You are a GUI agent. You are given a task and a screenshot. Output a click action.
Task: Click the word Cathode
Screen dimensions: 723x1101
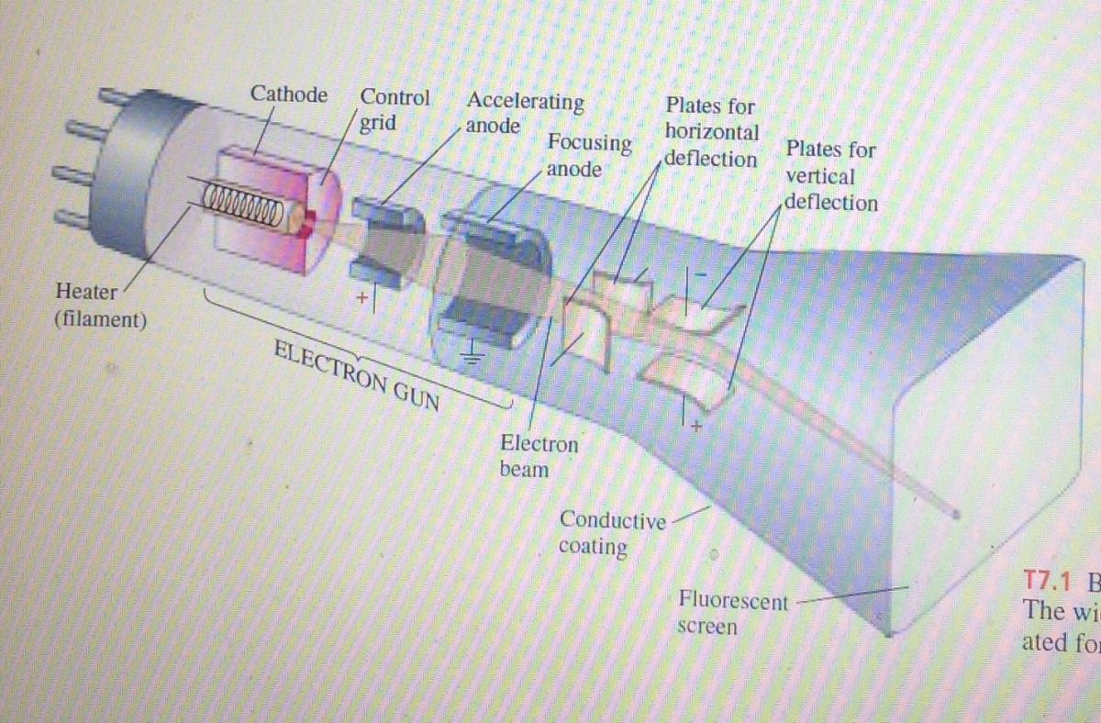(x=289, y=95)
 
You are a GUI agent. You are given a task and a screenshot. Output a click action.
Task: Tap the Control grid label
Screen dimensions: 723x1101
(x=393, y=109)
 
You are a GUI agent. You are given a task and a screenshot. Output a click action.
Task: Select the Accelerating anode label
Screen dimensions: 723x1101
(x=524, y=113)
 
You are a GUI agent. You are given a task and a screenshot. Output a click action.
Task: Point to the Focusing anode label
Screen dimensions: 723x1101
(x=588, y=156)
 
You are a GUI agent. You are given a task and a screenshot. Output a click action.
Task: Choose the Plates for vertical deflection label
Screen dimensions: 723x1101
(x=831, y=175)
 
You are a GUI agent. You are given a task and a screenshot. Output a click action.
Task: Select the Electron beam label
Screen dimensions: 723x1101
(x=539, y=456)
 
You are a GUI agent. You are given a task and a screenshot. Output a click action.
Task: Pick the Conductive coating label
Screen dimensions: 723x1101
(x=612, y=533)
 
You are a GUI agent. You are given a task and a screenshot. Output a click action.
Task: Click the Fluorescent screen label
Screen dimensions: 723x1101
(x=732, y=614)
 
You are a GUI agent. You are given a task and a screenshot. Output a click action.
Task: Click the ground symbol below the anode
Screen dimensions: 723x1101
(x=473, y=350)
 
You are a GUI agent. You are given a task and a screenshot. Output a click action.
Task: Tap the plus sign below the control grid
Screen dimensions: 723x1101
(x=363, y=297)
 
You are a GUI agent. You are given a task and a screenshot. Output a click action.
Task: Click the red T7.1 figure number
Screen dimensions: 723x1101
(x=1049, y=583)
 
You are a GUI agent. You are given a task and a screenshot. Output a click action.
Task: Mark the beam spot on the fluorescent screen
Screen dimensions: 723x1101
(x=957, y=513)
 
